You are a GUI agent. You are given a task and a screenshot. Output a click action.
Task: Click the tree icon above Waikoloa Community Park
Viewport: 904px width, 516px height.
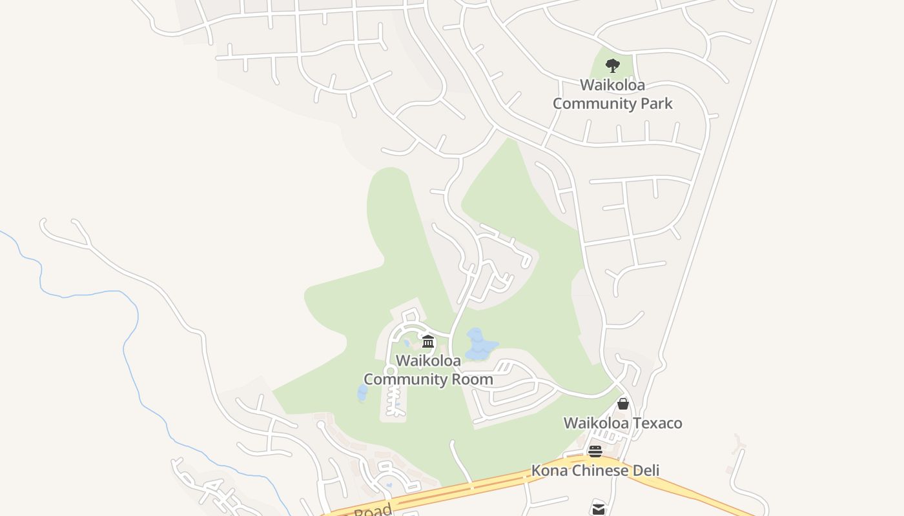[612, 65]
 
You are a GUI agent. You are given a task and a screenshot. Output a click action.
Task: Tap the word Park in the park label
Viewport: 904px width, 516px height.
[653, 103]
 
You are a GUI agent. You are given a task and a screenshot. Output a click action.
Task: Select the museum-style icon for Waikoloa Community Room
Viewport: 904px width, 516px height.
[427, 341]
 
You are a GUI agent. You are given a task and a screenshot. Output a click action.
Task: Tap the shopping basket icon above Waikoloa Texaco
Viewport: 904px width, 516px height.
[623, 404]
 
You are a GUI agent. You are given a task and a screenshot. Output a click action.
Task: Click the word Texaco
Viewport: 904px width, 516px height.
[656, 423]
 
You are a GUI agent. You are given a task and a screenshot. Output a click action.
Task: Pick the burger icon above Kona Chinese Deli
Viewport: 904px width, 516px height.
[595, 451]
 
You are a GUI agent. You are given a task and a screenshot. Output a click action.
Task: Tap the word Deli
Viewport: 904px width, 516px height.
[645, 470]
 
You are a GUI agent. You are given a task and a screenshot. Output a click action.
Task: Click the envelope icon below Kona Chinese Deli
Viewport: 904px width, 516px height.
[598, 509]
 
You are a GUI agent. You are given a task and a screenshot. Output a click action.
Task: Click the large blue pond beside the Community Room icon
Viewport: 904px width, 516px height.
[479, 345]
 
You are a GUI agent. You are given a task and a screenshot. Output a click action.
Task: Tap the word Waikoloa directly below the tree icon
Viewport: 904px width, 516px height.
[612, 84]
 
